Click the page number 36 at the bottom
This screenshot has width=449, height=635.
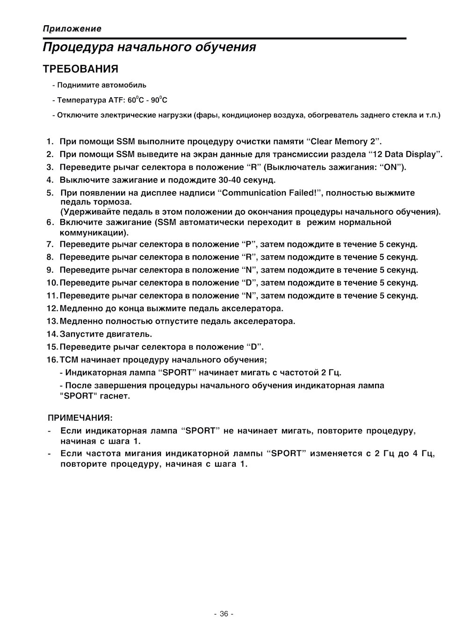[x=224, y=614]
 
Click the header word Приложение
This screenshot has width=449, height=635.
[x=72, y=29]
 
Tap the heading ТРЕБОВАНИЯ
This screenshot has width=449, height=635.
[x=80, y=69]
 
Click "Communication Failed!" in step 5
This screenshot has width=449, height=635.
[x=271, y=193]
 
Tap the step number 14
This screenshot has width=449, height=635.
[x=51, y=334]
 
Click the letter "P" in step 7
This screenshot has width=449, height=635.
[x=248, y=244]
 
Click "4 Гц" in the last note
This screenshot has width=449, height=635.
[x=423, y=454]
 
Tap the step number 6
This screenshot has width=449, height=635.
[x=50, y=223]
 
